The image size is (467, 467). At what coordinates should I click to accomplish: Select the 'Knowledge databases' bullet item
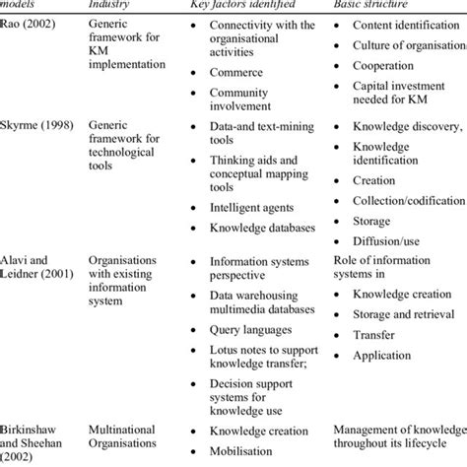click(x=262, y=228)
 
